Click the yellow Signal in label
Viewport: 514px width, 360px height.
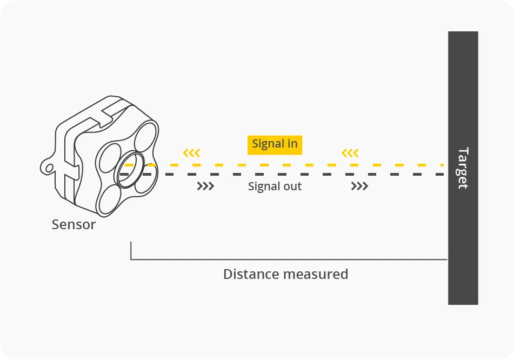275,144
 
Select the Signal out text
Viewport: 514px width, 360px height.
275,186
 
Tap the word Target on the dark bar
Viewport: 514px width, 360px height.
463,168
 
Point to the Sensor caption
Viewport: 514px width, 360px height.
74,224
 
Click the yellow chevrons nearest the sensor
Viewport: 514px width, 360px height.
191,153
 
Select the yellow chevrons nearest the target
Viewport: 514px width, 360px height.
350,153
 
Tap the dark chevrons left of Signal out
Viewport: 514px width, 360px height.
205,186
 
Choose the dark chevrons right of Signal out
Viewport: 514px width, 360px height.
359,186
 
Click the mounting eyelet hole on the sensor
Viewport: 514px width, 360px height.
49,168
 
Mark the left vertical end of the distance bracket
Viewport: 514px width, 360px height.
131,251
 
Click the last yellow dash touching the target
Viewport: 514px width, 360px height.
442,164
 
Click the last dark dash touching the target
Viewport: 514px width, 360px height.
442,175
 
